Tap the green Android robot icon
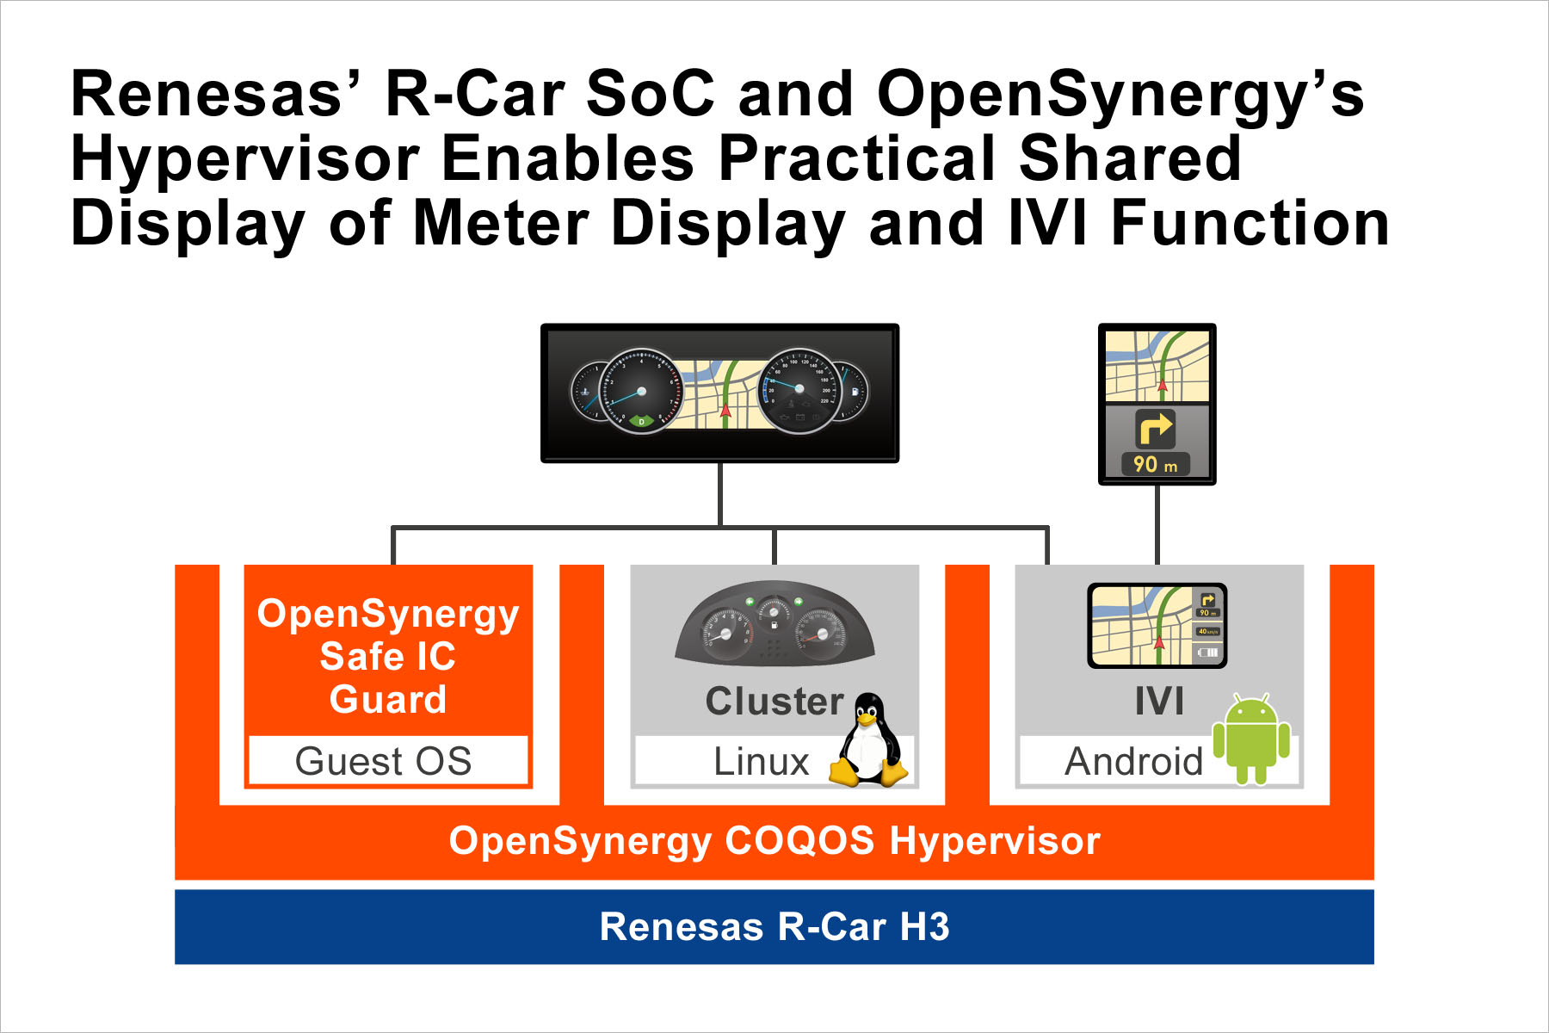[1250, 739]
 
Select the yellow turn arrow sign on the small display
[1155, 428]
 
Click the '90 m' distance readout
[1155, 465]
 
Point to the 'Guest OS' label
[384, 761]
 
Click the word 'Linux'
[762, 762]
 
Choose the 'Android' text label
[1133, 762]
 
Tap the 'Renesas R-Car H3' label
[774, 927]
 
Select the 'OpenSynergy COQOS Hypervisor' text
[774, 841]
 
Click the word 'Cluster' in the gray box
[774, 702]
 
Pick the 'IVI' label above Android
[1158, 702]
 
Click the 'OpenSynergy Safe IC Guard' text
[388, 656]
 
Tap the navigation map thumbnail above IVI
[1157, 626]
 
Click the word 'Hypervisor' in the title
[245, 159]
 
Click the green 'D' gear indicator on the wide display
[641, 421]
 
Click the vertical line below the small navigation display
[1157, 524]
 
